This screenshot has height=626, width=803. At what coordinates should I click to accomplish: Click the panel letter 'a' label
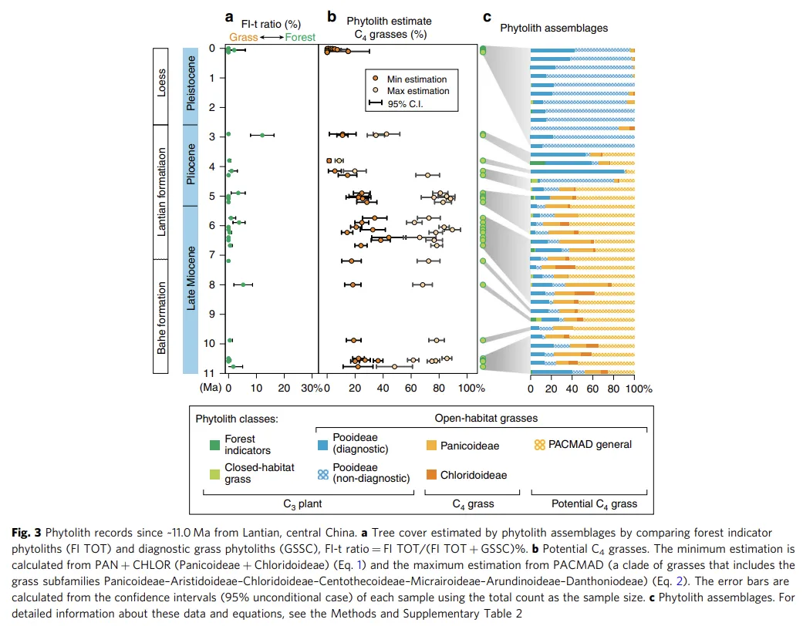click(228, 16)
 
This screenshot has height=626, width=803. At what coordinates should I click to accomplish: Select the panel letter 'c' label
click(486, 16)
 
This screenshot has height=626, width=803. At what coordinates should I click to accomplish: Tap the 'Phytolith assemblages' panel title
click(553, 28)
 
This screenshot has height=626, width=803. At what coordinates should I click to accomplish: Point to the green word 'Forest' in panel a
click(302, 36)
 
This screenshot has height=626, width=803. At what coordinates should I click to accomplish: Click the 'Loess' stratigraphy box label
click(161, 83)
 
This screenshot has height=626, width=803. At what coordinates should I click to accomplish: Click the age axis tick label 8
click(211, 284)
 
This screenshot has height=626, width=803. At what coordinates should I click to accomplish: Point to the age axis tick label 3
click(211, 136)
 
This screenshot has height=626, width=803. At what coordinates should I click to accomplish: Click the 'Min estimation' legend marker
click(376, 79)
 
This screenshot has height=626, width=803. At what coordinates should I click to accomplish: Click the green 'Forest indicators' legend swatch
click(214, 445)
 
